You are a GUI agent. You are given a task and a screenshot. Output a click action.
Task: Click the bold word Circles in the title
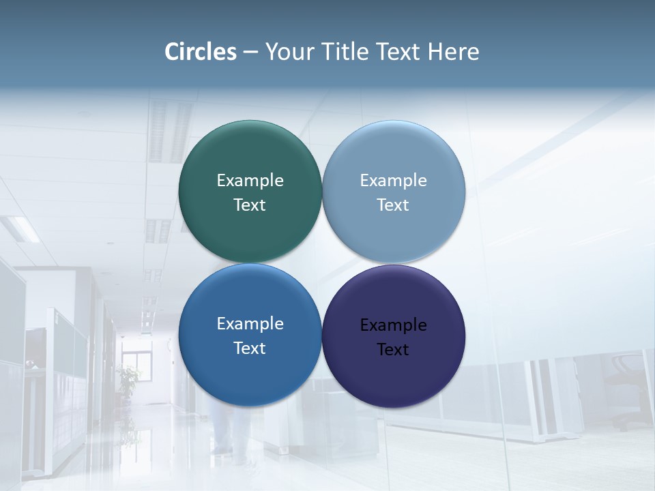pyautogui.click(x=201, y=52)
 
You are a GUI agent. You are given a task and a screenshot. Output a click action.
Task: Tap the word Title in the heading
pyautogui.click(x=345, y=52)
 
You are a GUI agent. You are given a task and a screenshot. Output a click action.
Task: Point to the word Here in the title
pyautogui.click(x=453, y=52)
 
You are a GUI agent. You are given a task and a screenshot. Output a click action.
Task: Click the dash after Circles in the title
pyautogui.click(x=250, y=53)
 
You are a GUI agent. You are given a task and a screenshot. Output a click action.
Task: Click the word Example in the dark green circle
pyautogui.click(x=250, y=181)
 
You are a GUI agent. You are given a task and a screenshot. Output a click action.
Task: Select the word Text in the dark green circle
pyautogui.click(x=250, y=205)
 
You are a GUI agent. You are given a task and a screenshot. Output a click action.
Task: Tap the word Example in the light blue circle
pyautogui.click(x=393, y=181)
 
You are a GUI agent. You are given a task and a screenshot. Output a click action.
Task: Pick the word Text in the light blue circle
pyautogui.click(x=393, y=205)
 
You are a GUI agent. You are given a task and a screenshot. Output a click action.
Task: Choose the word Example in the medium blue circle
pyautogui.click(x=250, y=324)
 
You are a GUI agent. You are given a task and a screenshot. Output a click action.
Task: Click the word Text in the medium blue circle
pyautogui.click(x=250, y=348)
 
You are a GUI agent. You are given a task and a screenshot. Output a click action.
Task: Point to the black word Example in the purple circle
pyautogui.click(x=393, y=325)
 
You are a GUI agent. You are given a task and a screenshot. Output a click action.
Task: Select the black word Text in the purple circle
pyautogui.click(x=393, y=350)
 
